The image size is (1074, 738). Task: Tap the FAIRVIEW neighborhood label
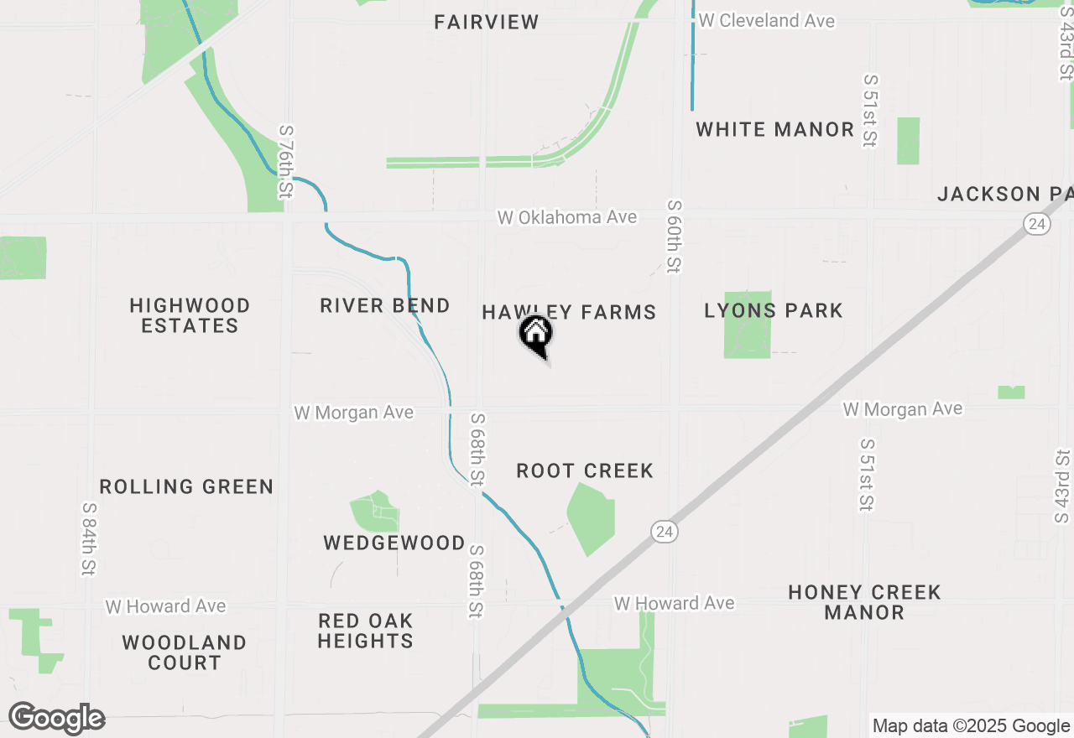pos(487,23)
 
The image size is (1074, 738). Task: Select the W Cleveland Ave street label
pos(767,21)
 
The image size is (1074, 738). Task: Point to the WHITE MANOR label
pos(775,130)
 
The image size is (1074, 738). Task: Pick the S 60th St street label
pos(675,236)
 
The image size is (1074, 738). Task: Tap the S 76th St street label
pos(286,163)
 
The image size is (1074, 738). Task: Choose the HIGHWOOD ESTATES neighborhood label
pos(190,315)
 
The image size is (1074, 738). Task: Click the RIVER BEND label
pos(385,306)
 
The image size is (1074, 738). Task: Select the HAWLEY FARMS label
pos(569,313)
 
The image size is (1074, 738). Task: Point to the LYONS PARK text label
pos(774,311)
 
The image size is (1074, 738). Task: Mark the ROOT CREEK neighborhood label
pos(585,471)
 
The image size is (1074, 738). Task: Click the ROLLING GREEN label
pos(186,487)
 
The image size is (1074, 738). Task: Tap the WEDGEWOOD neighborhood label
pos(394,543)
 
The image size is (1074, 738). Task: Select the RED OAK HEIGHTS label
pos(366,631)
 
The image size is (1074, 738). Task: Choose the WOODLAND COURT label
pos(185,653)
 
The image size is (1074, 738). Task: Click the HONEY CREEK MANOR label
pos(864,603)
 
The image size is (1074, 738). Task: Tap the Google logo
pos(57,719)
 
